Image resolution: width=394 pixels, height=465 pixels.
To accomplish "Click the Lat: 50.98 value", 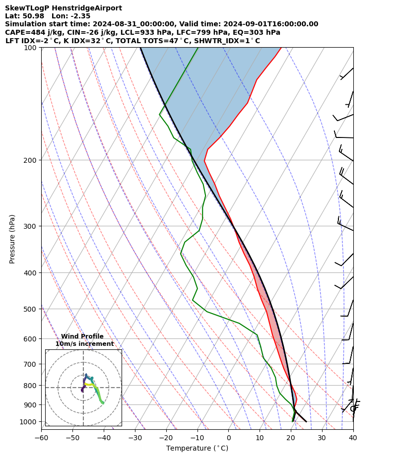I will (x=24, y=16).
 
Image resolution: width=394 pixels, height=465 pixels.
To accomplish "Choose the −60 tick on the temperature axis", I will (x=41, y=438).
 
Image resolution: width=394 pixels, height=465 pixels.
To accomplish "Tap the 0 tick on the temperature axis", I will (x=229, y=438).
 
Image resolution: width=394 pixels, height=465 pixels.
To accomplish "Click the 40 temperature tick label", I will (x=353, y=438).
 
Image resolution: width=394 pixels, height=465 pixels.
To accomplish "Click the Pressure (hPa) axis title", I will (x=12, y=239).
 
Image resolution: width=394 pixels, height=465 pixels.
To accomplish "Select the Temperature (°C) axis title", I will (x=197, y=449).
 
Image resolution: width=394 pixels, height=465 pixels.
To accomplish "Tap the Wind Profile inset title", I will (x=82, y=336).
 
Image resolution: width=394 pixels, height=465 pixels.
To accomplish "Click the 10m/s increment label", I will (x=84, y=344).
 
